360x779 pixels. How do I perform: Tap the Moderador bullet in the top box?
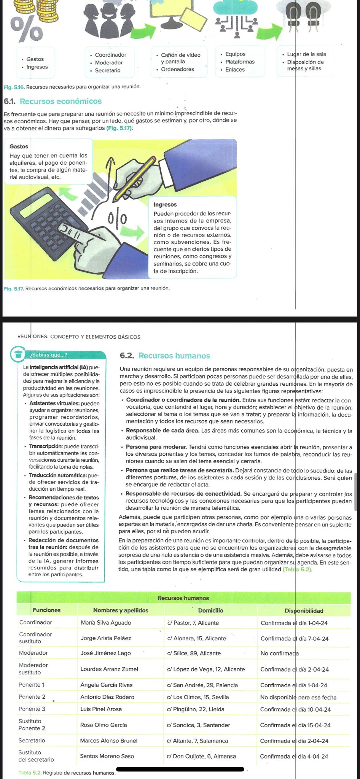click(108, 63)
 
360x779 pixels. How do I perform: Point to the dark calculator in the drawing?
click(46, 228)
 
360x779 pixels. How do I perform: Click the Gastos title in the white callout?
click(19, 146)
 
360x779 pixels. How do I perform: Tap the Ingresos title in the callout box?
click(165, 205)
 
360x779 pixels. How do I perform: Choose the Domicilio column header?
click(210, 610)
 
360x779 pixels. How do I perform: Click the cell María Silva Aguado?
click(106, 623)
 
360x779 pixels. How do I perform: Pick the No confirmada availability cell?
click(279, 653)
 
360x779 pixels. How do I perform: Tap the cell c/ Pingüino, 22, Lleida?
click(195, 709)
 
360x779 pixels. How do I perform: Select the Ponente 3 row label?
click(32, 709)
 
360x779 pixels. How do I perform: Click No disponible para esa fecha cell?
click(298, 697)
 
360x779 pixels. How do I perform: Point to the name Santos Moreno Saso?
click(107, 756)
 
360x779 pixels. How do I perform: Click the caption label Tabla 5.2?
click(30, 773)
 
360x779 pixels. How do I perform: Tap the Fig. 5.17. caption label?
click(13, 288)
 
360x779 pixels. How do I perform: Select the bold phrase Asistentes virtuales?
click(54, 403)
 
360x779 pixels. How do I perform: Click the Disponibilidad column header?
click(304, 610)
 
